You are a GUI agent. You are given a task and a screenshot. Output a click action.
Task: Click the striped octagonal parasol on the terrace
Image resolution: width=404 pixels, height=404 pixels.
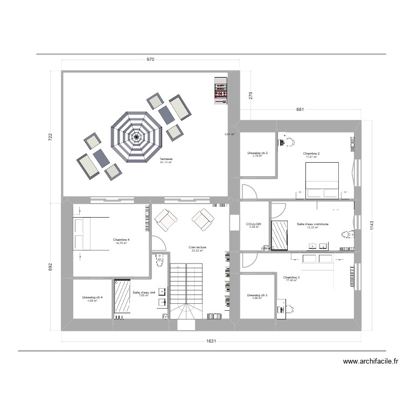137,137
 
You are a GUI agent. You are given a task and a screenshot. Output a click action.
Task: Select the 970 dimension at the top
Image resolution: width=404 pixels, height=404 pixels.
150,60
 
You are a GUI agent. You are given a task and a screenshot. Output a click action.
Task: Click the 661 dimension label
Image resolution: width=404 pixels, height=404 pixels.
301,110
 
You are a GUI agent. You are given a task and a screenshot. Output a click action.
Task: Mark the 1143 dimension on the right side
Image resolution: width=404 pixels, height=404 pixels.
371,227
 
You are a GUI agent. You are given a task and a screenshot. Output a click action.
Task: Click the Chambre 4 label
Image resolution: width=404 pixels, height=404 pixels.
121,240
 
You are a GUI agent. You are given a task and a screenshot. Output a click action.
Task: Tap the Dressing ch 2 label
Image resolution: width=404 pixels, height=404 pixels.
257,154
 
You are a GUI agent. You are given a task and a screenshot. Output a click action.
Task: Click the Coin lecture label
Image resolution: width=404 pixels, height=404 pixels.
198,248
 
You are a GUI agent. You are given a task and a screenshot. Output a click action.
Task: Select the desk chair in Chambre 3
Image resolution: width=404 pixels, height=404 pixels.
289,309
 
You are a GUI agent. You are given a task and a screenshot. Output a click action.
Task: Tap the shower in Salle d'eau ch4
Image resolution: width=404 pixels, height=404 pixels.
122,296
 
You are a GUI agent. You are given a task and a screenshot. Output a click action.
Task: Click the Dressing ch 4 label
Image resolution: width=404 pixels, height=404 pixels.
92,298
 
